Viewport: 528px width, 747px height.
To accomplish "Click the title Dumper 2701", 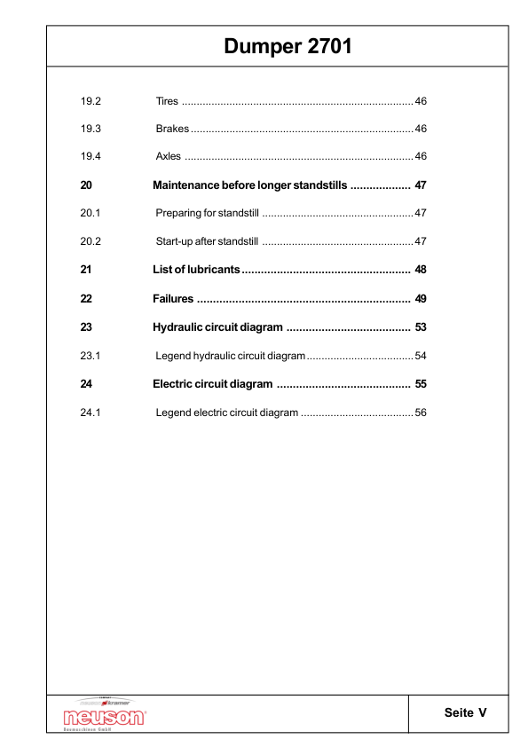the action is click(x=288, y=46).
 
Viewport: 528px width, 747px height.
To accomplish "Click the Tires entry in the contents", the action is click(x=168, y=100).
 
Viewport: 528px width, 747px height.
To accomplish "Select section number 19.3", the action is click(x=91, y=129).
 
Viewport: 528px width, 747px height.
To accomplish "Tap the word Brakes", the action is click(x=172, y=129).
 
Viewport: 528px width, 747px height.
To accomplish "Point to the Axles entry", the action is click(x=169, y=157).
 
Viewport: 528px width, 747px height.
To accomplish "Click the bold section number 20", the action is click(x=86, y=185).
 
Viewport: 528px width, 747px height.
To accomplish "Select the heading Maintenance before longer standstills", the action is click(x=249, y=185).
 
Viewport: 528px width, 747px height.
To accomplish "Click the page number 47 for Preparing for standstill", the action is click(x=421, y=214).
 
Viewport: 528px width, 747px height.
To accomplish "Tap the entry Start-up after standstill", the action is click(x=207, y=242).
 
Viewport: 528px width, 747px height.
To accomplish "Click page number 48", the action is click(x=421, y=270).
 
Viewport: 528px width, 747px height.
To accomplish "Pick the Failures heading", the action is click(x=173, y=298).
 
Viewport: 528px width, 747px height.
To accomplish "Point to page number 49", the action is click(x=421, y=298).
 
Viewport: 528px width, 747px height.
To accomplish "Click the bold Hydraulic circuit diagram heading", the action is click(x=217, y=327).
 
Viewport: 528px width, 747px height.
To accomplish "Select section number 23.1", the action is click(x=91, y=356).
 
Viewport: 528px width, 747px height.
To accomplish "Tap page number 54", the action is click(x=421, y=356).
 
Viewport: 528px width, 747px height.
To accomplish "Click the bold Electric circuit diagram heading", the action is click(x=212, y=384).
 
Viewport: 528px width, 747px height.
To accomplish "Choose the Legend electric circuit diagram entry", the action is click(x=227, y=413).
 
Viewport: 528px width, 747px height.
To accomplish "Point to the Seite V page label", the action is click(x=466, y=713).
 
